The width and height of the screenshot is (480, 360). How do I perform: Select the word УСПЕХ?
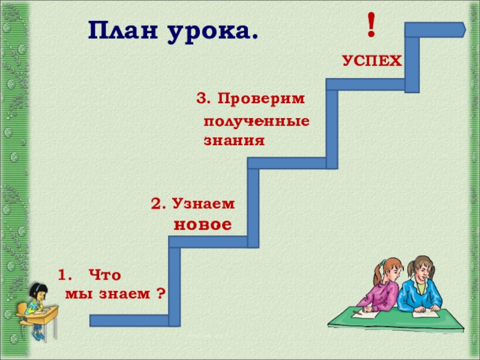coord(372,61)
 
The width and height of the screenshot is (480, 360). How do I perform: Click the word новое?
coord(202,226)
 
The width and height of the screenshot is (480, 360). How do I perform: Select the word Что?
coord(104,275)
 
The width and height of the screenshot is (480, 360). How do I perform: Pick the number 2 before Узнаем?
coord(157,205)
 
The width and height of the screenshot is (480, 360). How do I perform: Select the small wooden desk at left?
coord(42,314)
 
